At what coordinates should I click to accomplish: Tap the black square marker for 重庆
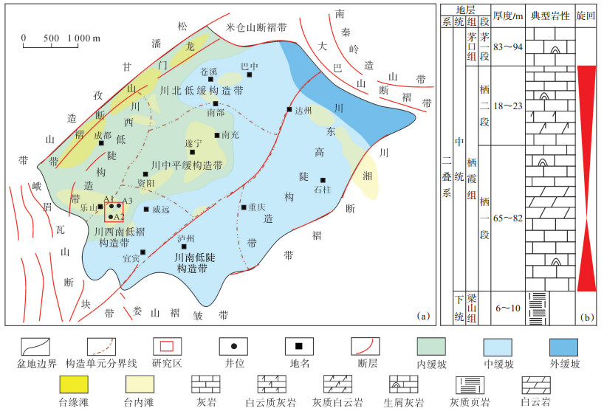(x=243, y=207)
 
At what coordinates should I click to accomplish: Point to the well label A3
(x=127, y=201)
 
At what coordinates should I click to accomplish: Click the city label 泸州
(x=186, y=238)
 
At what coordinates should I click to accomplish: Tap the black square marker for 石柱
(x=323, y=179)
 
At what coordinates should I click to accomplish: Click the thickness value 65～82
(x=508, y=219)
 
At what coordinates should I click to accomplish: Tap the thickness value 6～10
(x=508, y=308)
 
